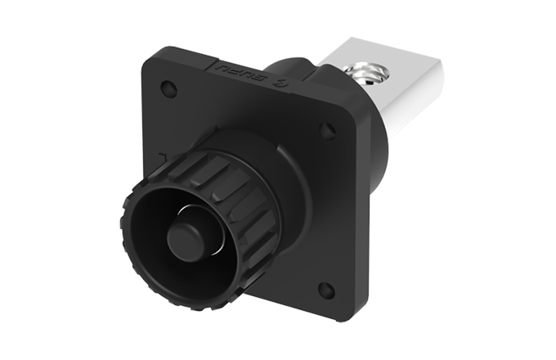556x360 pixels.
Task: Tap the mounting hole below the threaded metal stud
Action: coord(326,129)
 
